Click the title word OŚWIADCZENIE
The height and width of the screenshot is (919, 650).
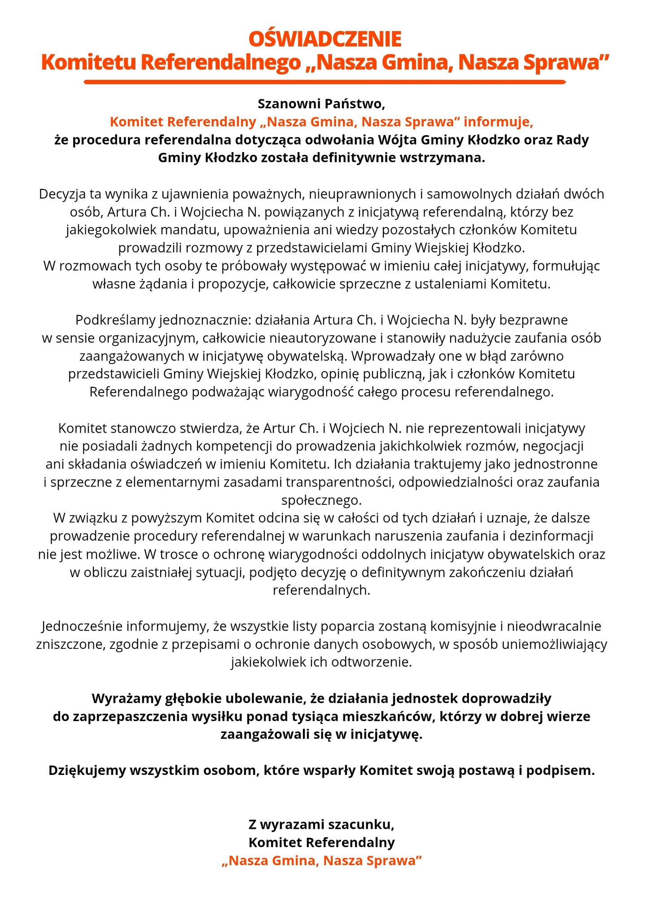click(x=325, y=39)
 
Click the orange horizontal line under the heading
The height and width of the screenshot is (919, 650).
click(x=325, y=82)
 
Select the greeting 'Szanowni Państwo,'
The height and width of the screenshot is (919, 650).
click(x=321, y=104)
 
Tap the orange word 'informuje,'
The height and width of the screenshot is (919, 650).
click(x=499, y=122)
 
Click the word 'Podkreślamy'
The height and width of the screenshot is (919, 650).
click(x=115, y=320)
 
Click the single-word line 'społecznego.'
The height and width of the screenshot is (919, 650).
click(x=321, y=500)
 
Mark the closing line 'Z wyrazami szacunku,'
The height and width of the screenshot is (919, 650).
click(x=321, y=825)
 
